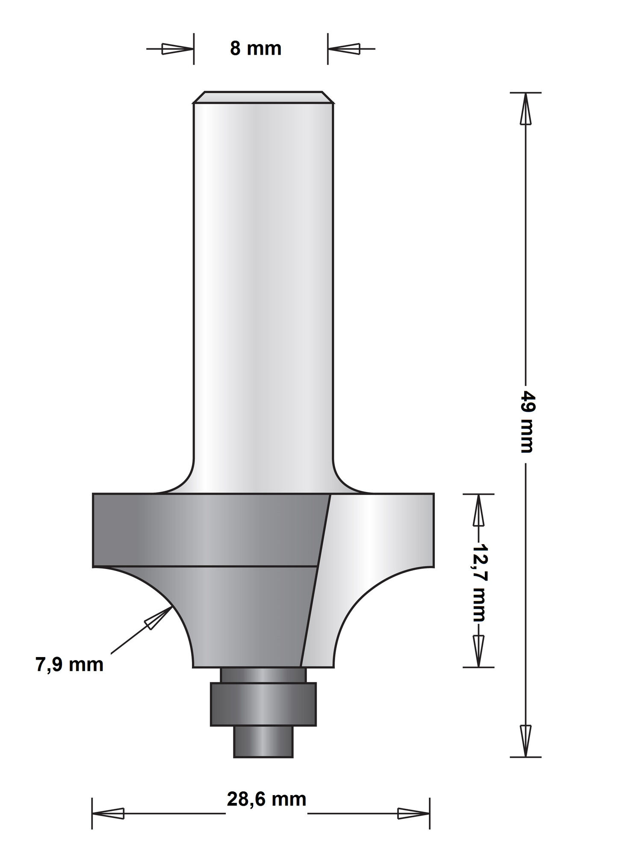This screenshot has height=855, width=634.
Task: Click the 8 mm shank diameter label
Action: pos(256,49)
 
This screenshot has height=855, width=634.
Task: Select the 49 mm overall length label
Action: pos(527,421)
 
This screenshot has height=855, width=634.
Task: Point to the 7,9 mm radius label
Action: pos(69,665)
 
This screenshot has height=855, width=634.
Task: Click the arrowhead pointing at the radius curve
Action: pos(156,619)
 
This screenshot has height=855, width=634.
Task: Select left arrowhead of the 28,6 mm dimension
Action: pos(109,814)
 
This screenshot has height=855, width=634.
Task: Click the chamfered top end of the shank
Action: pos(263,97)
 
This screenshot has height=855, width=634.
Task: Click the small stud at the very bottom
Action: pos(263,741)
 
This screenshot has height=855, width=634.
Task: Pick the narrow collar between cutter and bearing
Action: pos(263,675)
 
